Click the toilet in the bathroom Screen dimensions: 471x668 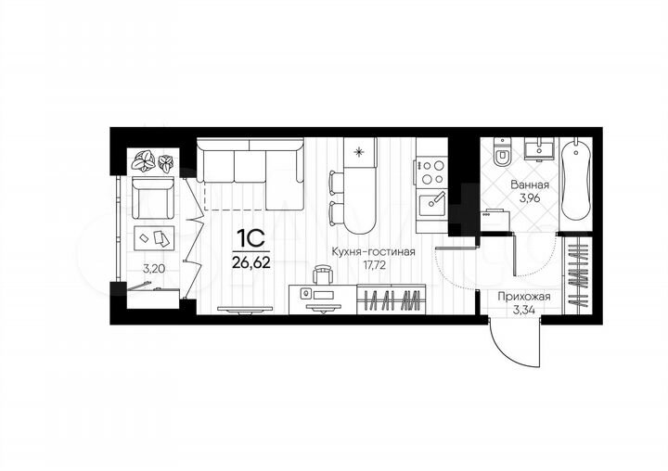502,152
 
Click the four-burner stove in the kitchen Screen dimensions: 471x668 432,172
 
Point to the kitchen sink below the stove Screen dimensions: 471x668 432,201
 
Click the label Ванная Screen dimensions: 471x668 529,185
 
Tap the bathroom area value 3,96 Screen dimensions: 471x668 529,197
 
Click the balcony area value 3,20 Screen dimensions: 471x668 153,270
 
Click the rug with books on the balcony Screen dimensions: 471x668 154,236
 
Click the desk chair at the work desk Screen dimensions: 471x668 323,274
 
